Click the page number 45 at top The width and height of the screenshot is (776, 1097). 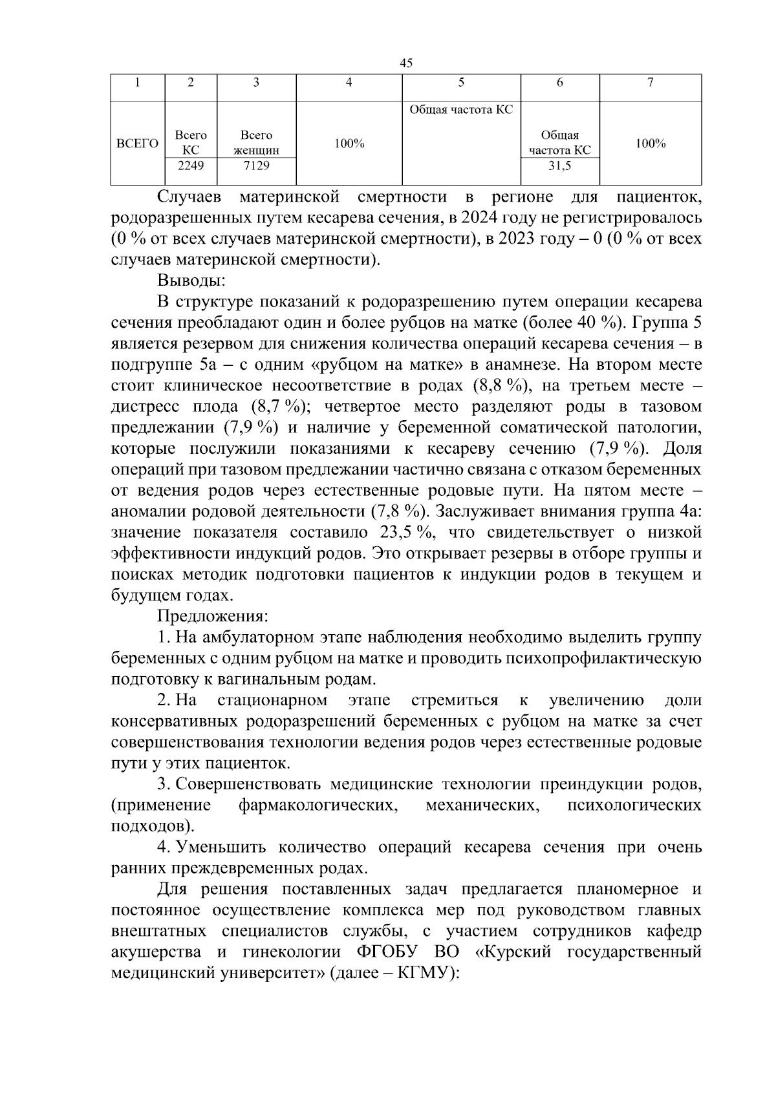406,63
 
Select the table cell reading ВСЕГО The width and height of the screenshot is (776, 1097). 137,144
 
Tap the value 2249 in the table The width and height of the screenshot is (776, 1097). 191,165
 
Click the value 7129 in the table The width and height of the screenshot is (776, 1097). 256,165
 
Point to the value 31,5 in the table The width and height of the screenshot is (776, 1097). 559,165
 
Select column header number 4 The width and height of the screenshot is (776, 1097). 349,83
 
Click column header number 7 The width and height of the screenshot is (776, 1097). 650,83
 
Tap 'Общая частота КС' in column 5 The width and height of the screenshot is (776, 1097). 461,110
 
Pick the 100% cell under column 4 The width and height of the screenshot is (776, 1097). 349,144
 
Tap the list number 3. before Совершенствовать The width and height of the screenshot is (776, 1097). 164,785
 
